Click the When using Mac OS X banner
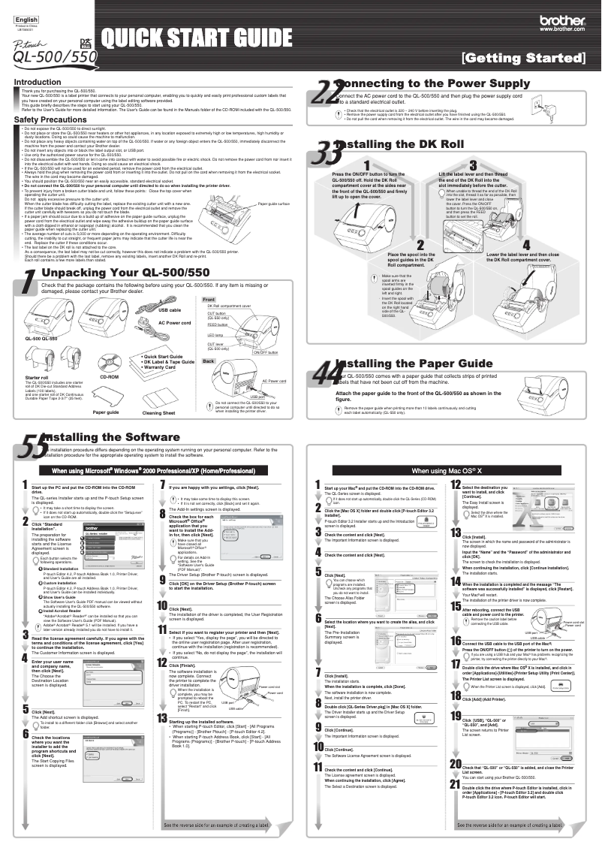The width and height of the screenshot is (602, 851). pos(451,470)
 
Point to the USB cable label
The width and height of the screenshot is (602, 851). pos(170,330)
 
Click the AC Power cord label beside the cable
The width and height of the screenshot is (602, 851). pos(174,343)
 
